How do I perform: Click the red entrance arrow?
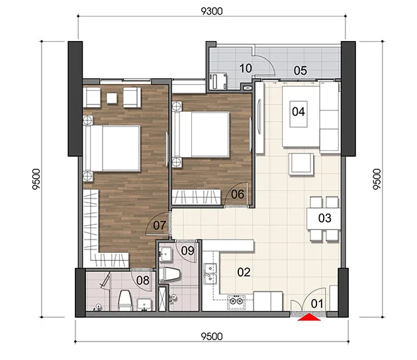point(309,318)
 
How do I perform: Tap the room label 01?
point(317,304)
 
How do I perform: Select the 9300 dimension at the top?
point(212,11)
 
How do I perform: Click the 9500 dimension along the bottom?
point(212,337)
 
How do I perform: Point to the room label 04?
point(299,112)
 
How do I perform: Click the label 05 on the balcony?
point(301,71)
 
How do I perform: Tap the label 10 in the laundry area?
point(246,68)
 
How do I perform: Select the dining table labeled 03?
point(324,218)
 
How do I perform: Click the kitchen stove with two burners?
point(236,302)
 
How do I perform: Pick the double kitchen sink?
point(210,274)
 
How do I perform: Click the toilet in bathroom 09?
point(169,274)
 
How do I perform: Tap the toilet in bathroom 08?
point(125,300)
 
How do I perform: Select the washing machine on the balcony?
point(218,81)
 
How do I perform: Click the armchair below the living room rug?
point(301,164)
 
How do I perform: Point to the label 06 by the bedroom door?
point(238,195)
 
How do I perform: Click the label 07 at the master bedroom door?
point(160,226)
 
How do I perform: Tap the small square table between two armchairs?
point(112,98)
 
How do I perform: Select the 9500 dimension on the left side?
point(36,179)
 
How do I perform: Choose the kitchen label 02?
point(244,272)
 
